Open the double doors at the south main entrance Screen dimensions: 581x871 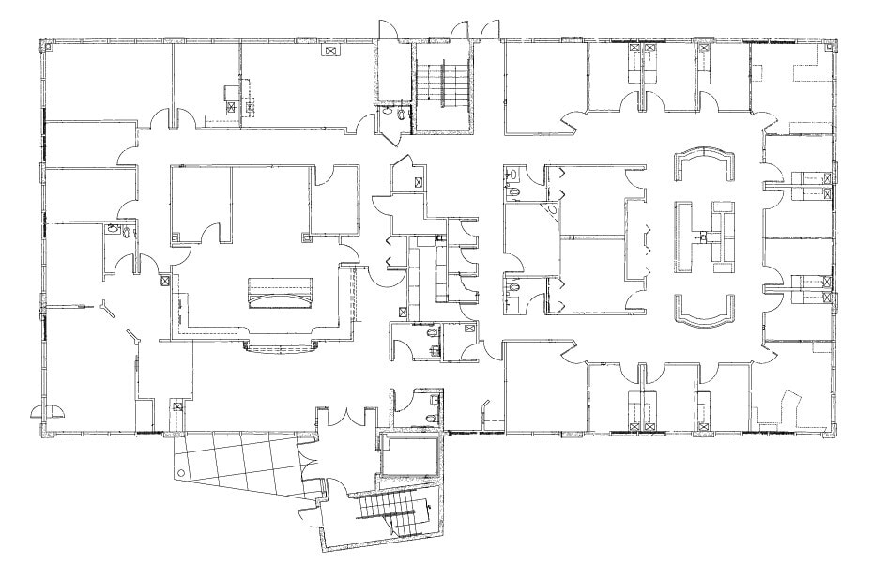(348, 415)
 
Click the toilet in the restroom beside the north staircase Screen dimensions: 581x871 (403, 115)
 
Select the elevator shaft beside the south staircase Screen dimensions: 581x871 (410, 455)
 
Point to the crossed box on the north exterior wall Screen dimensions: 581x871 (330, 51)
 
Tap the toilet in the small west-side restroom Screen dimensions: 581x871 (113, 229)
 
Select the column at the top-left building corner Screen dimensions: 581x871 (44, 44)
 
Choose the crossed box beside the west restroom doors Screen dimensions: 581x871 (165, 280)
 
